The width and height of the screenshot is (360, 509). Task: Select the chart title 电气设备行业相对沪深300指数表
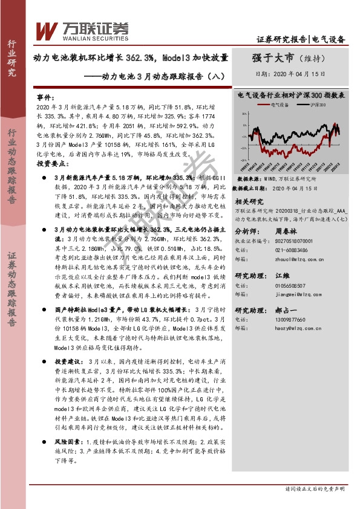(x=292, y=95)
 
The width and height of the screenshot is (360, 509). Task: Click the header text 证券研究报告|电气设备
(x=301, y=40)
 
